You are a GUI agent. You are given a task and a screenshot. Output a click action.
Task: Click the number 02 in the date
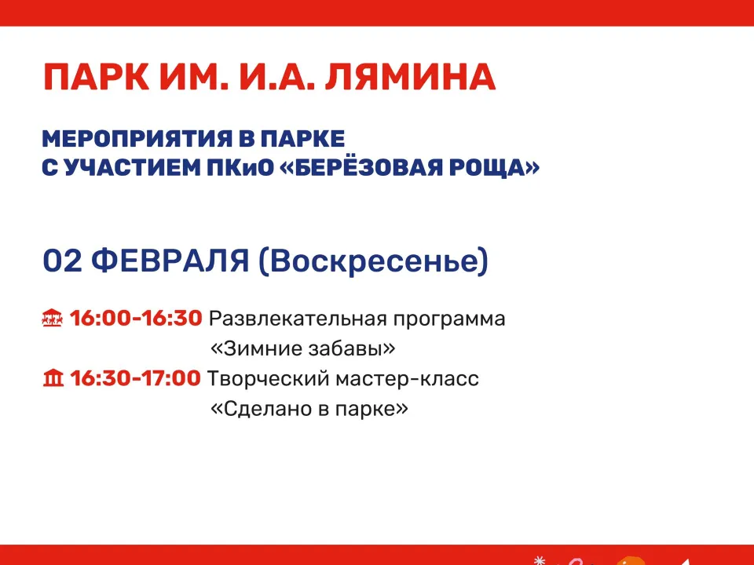tap(63, 261)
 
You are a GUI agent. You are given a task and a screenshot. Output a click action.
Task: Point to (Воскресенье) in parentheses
tap(373, 261)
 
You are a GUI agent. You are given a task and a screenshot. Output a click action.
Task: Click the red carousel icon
tap(52, 319)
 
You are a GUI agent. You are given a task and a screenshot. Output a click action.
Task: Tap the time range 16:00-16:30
tap(136, 319)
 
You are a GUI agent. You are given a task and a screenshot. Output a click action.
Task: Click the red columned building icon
tap(52, 379)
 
